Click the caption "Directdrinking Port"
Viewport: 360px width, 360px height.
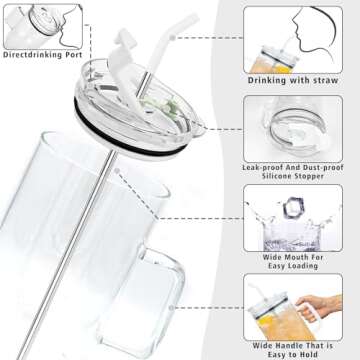click(x=43, y=55)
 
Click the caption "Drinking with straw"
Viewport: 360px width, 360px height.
click(x=293, y=80)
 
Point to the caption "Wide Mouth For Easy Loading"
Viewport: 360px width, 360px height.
click(x=293, y=262)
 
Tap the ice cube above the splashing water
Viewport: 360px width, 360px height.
click(x=294, y=208)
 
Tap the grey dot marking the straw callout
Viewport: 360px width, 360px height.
click(x=172, y=38)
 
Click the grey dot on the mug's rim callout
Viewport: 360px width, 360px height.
click(x=117, y=171)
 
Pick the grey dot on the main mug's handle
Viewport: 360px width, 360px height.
click(x=171, y=308)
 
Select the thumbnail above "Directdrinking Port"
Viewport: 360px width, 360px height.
click(x=43, y=27)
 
